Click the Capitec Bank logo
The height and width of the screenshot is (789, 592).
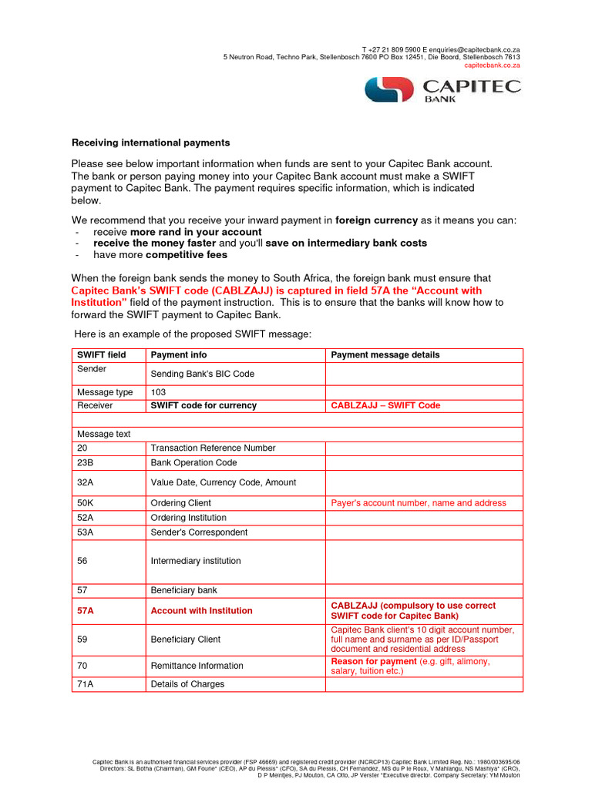click(442, 89)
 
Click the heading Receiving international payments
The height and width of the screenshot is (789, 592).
click(150, 143)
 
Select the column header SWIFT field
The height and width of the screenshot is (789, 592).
click(101, 355)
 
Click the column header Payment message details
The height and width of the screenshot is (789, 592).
click(385, 355)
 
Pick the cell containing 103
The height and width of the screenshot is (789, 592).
click(159, 392)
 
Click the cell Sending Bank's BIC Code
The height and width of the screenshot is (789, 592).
click(202, 374)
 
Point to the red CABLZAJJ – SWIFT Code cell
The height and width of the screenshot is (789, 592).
click(385, 405)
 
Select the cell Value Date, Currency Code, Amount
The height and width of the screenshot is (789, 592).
click(223, 482)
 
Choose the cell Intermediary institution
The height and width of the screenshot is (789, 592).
click(196, 561)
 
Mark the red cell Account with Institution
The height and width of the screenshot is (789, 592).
click(201, 610)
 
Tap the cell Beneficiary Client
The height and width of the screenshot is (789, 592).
click(185, 640)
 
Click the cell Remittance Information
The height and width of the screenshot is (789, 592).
click(197, 666)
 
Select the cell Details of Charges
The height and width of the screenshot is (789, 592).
click(187, 684)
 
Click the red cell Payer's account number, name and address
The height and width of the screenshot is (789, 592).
click(419, 503)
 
